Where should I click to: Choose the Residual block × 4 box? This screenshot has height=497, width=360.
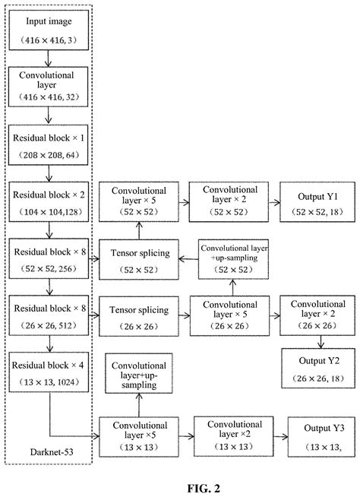pyautogui.click(x=48, y=372)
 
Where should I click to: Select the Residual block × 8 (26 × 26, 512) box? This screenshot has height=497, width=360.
pyautogui.click(x=48, y=316)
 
